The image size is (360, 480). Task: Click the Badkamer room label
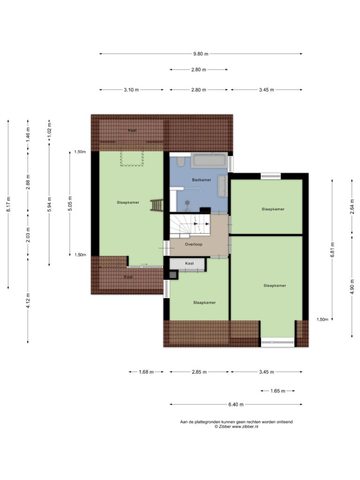202,180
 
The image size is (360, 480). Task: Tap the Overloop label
194,244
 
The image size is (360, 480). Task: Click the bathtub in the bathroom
209,160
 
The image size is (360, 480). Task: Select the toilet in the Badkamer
180,161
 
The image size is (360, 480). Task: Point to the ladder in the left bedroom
157,205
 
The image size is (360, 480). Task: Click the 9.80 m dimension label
201,54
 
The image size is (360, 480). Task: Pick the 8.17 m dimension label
8,204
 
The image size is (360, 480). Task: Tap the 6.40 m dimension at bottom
236,405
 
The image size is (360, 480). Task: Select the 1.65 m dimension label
277,391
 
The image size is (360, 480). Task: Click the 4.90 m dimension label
352,286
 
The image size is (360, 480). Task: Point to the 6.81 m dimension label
332,250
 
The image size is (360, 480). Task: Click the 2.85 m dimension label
199,372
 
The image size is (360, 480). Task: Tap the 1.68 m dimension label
146,372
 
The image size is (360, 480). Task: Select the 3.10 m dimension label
131,90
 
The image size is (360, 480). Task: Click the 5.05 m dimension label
70,203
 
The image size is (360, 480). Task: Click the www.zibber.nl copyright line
236,427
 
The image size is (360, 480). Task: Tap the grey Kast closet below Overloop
187,264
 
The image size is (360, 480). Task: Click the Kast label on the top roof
132,130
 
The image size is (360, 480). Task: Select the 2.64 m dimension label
352,206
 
